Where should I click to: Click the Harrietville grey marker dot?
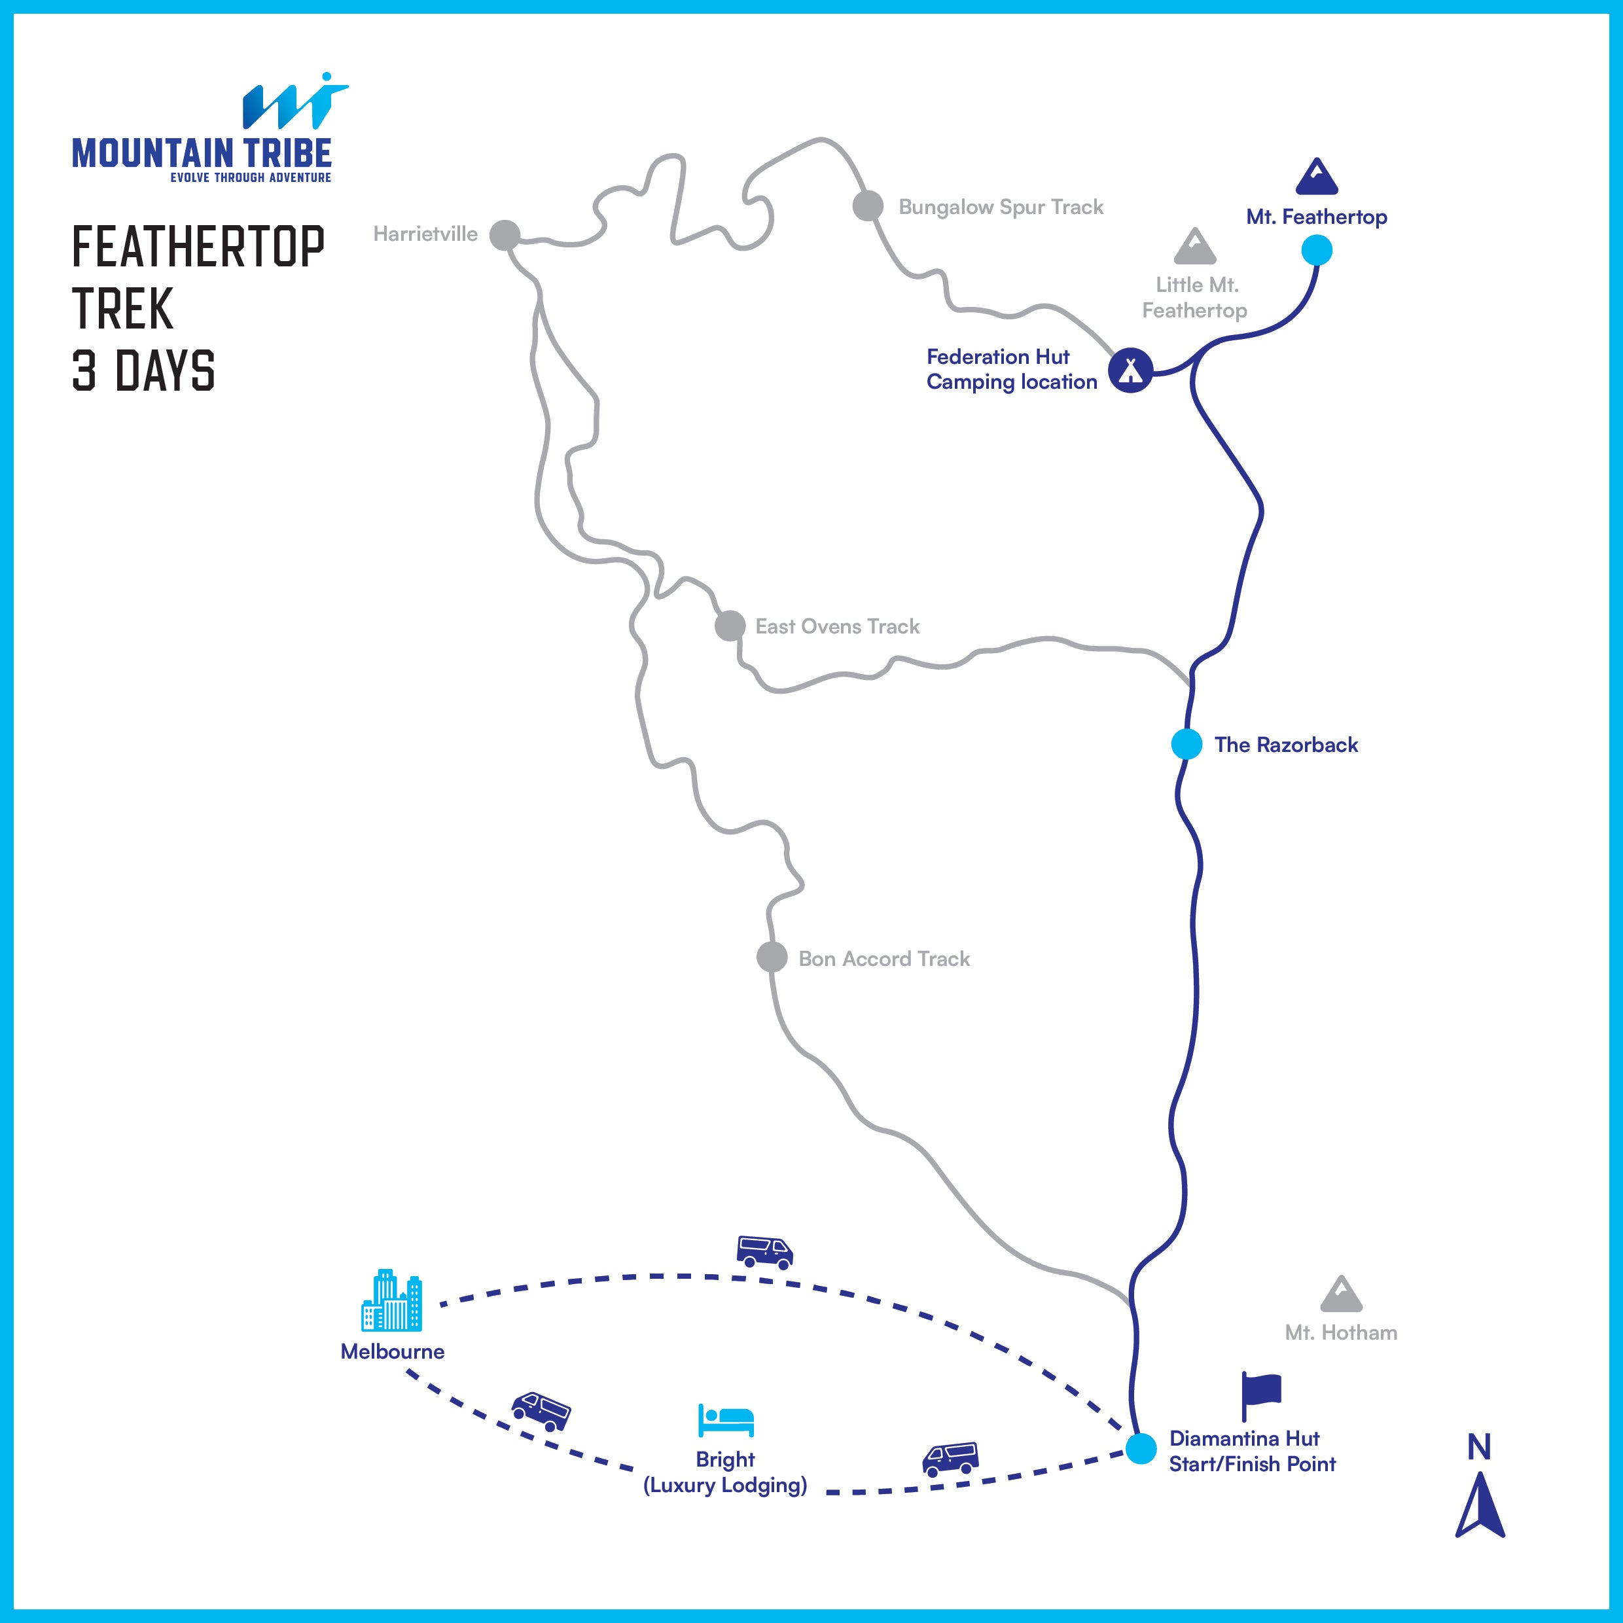pyautogui.click(x=505, y=235)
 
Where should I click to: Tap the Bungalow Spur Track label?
pyautogui.click(x=1001, y=207)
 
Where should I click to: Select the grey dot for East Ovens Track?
pyautogui.click(x=730, y=625)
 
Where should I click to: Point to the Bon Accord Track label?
pyautogui.click(x=883, y=959)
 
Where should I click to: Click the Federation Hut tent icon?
pyautogui.click(x=1131, y=370)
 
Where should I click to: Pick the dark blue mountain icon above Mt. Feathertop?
pyautogui.click(x=1316, y=177)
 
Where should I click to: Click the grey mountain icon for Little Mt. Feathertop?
pyautogui.click(x=1194, y=246)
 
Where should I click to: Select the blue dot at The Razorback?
pyautogui.click(x=1186, y=743)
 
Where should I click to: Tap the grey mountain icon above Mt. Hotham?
pyautogui.click(x=1341, y=1294)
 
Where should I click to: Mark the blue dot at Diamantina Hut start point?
pyautogui.click(x=1141, y=1448)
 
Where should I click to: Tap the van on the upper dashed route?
pyautogui.click(x=764, y=1252)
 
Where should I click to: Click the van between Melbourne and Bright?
pyautogui.click(x=541, y=1410)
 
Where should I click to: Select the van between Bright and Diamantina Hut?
pyautogui.click(x=950, y=1459)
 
